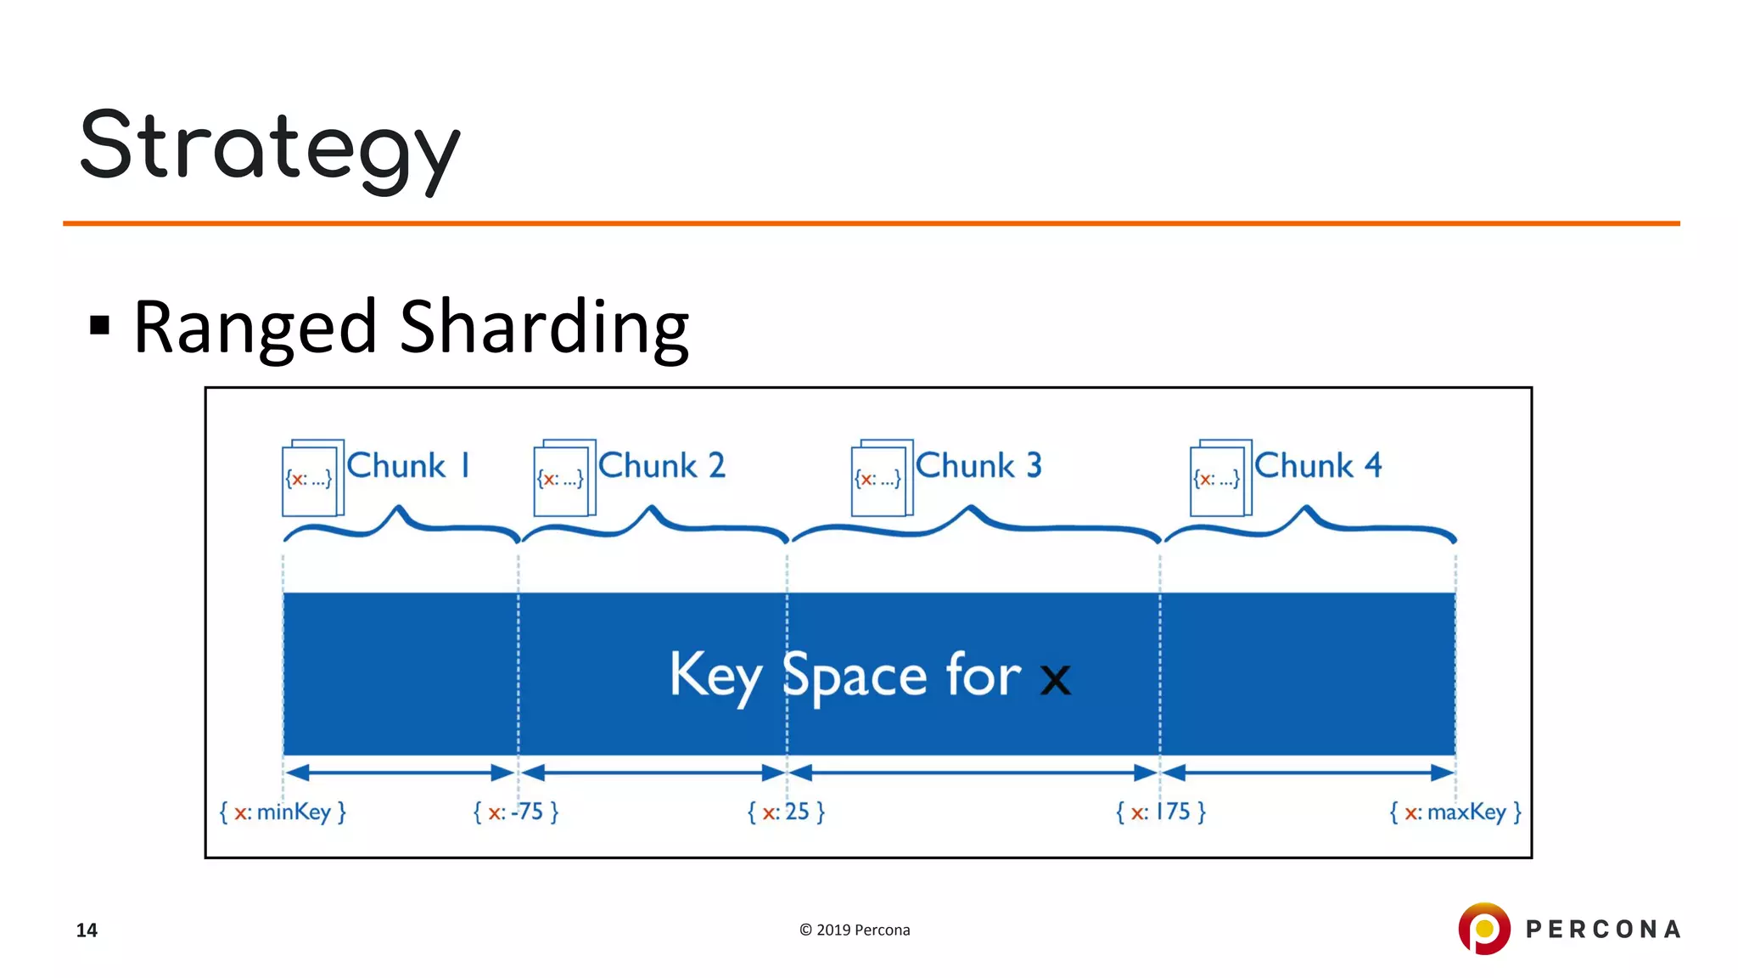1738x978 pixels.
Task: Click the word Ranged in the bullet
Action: point(255,328)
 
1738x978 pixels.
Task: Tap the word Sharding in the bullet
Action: point(543,328)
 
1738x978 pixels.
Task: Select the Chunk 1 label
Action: point(408,466)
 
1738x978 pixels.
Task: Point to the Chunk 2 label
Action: point(662,466)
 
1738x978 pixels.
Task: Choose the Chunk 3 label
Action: point(978,466)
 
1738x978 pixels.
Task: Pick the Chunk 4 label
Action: point(1318,466)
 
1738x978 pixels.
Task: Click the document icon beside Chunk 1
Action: point(312,478)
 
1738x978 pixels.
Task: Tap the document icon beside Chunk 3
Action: point(882,478)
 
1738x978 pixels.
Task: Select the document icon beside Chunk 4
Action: point(1220,478)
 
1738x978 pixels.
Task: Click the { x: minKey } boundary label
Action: point(283,812)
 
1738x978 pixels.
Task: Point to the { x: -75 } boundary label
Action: point(516,812)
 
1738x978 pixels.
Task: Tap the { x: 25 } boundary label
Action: point(786,812)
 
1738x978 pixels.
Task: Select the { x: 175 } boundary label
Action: point(1160,812)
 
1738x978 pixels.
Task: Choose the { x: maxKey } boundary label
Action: point(1455,812)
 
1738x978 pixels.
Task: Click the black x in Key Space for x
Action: point(1055,679)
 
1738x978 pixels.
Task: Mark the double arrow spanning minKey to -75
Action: point(400,773)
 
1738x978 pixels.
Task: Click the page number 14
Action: point(87,930)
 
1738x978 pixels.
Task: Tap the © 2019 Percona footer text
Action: point(855,930)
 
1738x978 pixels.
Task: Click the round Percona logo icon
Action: point(1483,929)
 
